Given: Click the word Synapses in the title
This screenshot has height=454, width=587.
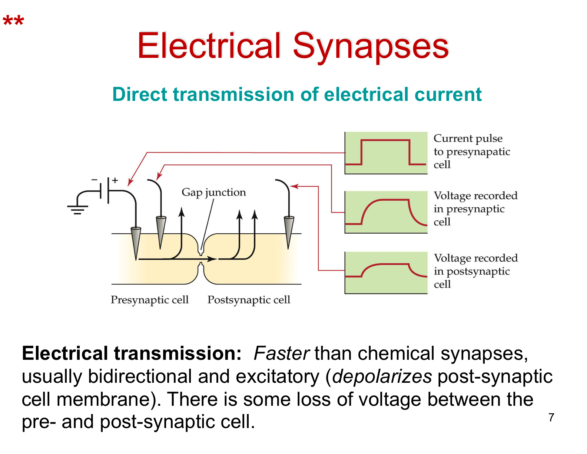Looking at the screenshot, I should click(x=371, y=46).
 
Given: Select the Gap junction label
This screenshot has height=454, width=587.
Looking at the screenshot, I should click(x=213, y=192).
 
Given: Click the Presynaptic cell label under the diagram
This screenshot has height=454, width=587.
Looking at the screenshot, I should click(x=149, y=300).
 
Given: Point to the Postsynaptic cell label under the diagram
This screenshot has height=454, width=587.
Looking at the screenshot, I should click(x=249, y=300).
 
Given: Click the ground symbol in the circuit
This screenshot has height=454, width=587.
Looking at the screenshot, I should click(x=77, y=210).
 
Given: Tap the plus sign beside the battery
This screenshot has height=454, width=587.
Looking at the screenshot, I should click(x=115, y=180).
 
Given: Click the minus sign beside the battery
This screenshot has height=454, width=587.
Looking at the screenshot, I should click(x=94, y=180).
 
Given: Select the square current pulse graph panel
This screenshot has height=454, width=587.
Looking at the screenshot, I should click(x=386, y=153).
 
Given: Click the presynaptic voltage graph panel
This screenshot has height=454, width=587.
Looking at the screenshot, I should click(x=386, y=212).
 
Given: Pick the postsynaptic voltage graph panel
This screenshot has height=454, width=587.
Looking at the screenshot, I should click(x=386, y=273).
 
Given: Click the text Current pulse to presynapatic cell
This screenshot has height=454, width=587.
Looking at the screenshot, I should click(x=471, y=151).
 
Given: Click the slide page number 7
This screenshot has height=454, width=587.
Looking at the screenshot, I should click(x=551, y=418).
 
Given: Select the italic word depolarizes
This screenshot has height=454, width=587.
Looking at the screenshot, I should click(x=382, y=376).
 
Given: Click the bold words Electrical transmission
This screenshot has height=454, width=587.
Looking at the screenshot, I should click(x=132, y=353).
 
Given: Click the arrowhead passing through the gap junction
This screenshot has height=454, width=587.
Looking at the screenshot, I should click(x=212, y=259).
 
